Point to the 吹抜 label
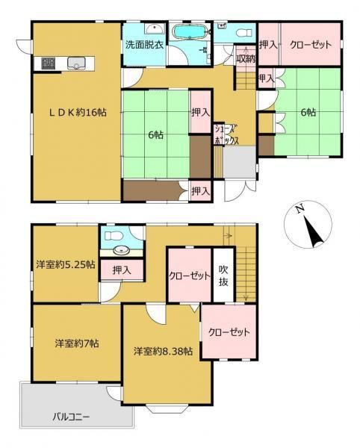pos(223,276)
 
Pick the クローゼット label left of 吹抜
pos(188,276)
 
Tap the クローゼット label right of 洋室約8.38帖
pos(228,332)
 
